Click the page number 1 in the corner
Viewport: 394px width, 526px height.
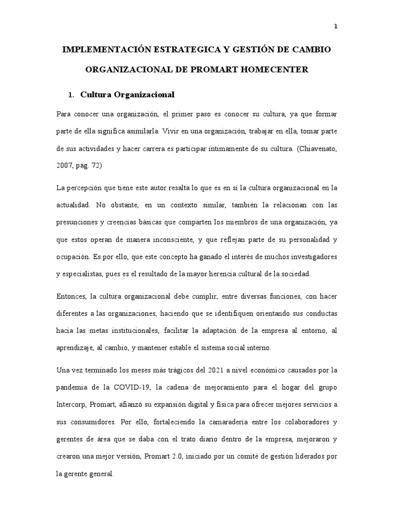point(336,27)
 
